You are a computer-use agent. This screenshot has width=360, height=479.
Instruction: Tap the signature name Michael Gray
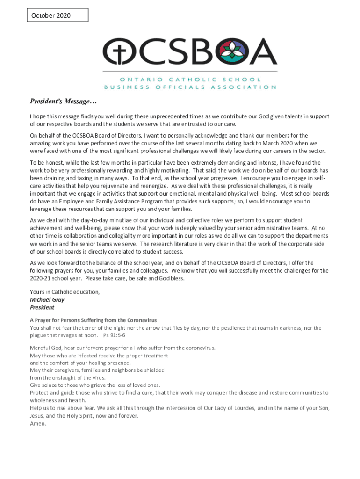pyautogui.click(x=47, y=300)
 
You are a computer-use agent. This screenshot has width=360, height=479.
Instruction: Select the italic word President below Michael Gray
pyautogui.click(x=42, y=307)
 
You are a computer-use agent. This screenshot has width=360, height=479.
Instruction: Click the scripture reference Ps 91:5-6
pyautogui.click(x=114, y=335)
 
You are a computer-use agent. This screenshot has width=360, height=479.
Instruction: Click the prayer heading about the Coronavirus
pyautogui.click(x=93, y=320)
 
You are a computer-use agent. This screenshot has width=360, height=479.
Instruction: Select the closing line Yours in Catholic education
pyautogui.click(x=65, y=292)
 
